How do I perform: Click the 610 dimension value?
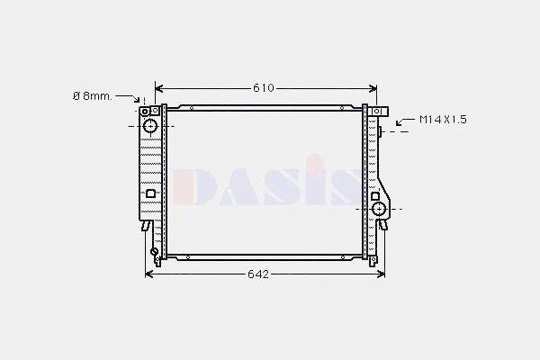[x=263, y=88]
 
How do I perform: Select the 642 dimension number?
[x=258, y=274]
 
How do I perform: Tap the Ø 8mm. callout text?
[x=92, y=95]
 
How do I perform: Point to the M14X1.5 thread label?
[x=444, y=119]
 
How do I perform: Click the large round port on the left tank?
[x=150, y=125]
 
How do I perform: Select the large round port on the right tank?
[x=378, y=210]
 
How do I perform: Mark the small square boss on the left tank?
[x=150, y=193]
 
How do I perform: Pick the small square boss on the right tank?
[x=374, y=195]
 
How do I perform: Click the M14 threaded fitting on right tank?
[x=382, y=132]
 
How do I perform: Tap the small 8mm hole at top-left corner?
[x=142, y=110]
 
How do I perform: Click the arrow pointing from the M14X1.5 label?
[x=401, y=119]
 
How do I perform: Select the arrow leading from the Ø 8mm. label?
[x=133, y=98]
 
